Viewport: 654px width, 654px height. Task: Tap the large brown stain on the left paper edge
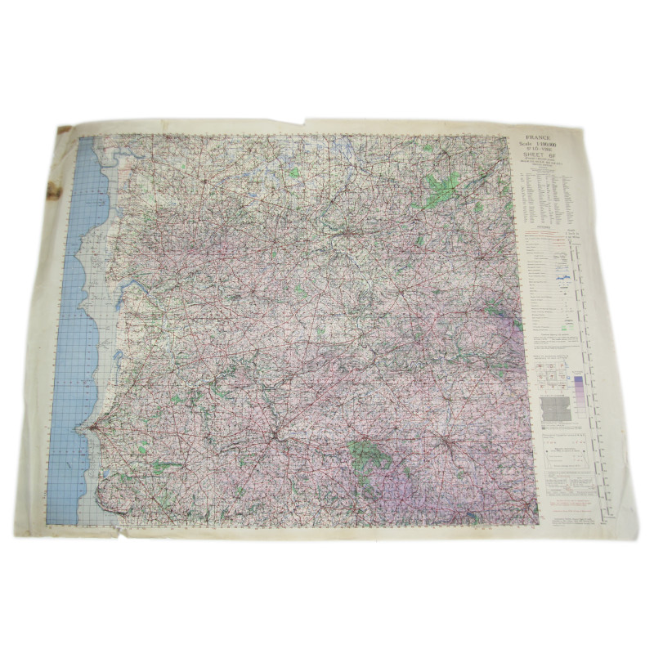[54, 191]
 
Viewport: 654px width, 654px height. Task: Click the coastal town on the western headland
[92, 425]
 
